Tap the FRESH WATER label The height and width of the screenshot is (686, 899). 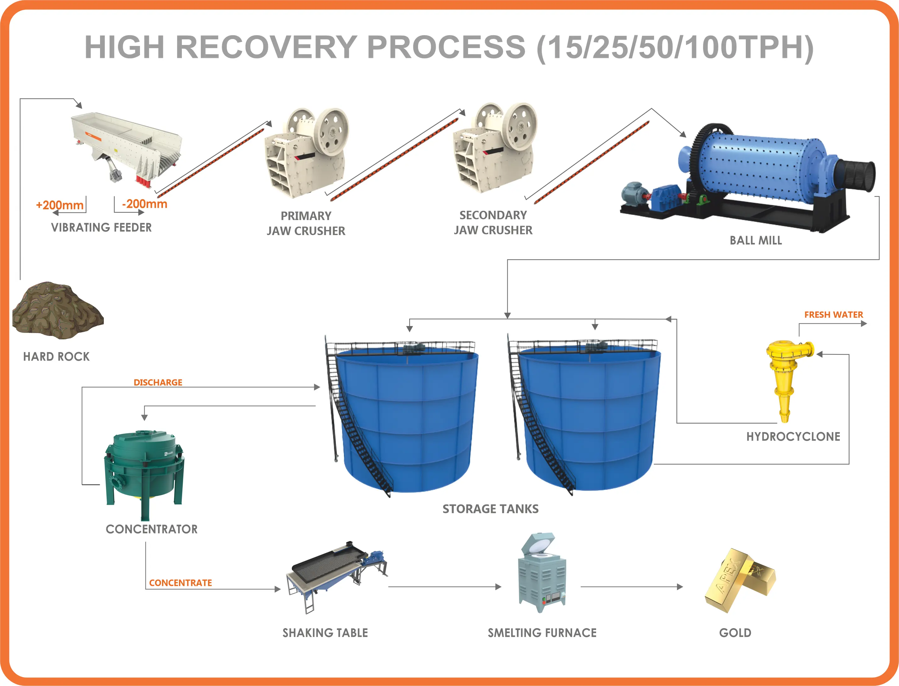click(833, 315)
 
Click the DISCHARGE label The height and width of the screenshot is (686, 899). click(158, 382)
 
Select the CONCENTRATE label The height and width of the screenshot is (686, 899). click(180, 583)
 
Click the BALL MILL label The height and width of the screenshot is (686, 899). click(756, 240)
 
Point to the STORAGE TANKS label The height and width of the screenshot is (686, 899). click(490, 509)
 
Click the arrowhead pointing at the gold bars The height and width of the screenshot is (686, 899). click(680, 587)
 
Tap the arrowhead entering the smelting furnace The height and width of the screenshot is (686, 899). click(498, 587)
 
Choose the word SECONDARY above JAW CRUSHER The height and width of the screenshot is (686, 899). click(493, 215)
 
